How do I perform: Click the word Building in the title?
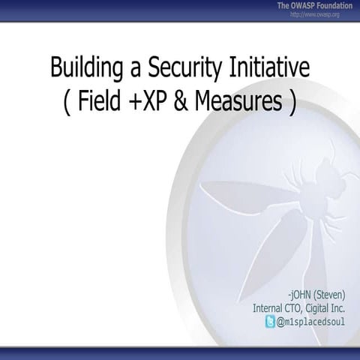pos(82,68)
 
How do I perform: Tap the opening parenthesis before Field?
pos(67,102)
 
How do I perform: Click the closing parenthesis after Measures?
pos(291,102)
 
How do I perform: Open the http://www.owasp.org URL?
pos(315,14)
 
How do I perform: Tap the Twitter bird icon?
pos(271,322)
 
